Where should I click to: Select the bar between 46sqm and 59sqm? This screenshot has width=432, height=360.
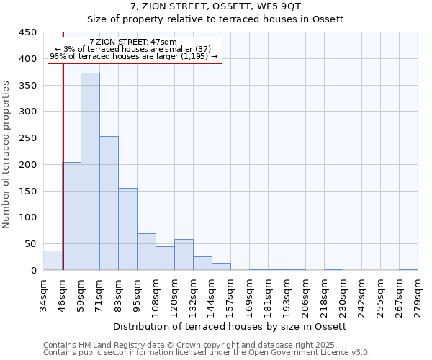[71, 216]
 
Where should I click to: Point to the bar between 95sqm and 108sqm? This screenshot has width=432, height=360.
[146, 252]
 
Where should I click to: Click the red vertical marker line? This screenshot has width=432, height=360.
[63, 144]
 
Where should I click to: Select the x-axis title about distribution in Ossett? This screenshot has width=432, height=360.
[230, 326]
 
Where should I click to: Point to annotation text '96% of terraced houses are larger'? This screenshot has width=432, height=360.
[133, 56]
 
